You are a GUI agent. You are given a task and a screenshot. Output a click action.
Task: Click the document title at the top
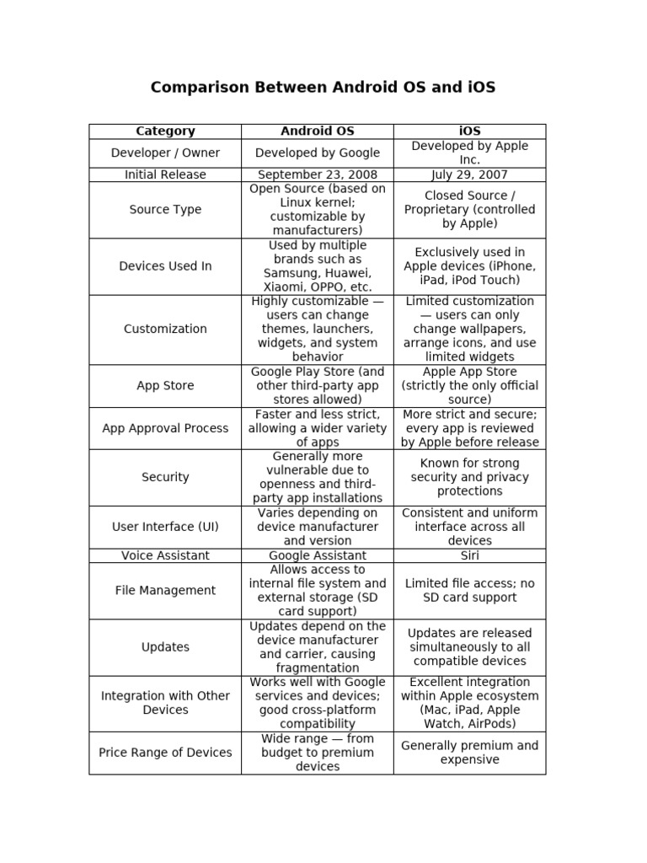pyautogui.click(x=323, y=88)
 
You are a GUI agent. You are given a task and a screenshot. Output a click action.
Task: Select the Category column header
pyautogui.click(x=165, y=131)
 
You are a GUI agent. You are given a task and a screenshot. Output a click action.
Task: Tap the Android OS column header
pyautogui.click(x=318, y=131)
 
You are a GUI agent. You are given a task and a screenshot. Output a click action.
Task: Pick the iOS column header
pyautogui.click(x=470, y=131)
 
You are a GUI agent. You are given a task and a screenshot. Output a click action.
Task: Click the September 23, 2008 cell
pyautogui.click(x=318, y=174)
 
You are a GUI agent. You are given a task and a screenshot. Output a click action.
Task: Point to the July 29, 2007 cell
pyautogui.click(x=470, y=174)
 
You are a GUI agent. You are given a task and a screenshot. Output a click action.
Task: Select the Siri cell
pyautogui.click(x=470, y=555)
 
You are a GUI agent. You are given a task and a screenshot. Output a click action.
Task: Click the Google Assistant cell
pyautogui.click(x=318, y=555)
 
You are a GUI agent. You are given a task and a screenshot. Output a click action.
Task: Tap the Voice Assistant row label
pyautogui.click(x=165, y=555)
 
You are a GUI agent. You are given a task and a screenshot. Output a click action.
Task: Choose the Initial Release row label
pyautogui.click(x=165, y=174)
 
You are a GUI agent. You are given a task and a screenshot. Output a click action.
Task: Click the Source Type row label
pyautogui.click(x=165, y=210)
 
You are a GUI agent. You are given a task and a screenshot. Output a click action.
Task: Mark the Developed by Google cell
pyautogui.click(x=318, y=153)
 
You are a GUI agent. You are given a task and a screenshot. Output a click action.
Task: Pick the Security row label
pyautogui.click(x=165, y=477)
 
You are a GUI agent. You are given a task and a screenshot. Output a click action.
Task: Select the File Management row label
pyautogui.click(x=165, y=591)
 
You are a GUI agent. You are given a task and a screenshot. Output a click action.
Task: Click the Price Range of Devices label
pyautogui.click(x=165, y=753)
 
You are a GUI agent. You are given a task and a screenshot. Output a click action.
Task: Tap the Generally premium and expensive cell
pyautogui.click(x=470, y=753)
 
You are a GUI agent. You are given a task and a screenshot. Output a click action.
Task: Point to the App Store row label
pyautogui.click(x=165, y=386)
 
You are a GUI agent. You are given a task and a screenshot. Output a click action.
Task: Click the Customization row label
pyautogui.click(x=165, y=330)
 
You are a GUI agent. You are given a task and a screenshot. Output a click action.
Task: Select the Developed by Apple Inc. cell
pyautogui.click(x=470, y=153)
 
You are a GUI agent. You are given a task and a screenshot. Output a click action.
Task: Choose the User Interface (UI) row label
pyautogui.click(x=165, y=527)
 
